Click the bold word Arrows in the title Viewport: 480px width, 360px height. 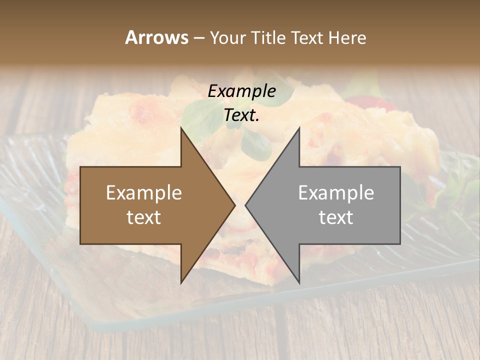156,37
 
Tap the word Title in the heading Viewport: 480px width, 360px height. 268,37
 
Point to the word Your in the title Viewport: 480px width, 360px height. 227,37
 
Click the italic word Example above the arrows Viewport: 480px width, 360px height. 242,91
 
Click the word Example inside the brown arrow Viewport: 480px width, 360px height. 144,193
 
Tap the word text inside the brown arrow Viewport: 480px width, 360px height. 144,217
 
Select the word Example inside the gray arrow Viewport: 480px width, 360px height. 336,193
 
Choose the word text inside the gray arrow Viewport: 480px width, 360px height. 336,217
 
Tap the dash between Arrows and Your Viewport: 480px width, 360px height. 198,38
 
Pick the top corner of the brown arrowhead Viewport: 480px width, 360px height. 181,128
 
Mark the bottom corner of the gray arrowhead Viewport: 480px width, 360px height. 299,282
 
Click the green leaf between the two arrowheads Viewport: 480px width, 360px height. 255,142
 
